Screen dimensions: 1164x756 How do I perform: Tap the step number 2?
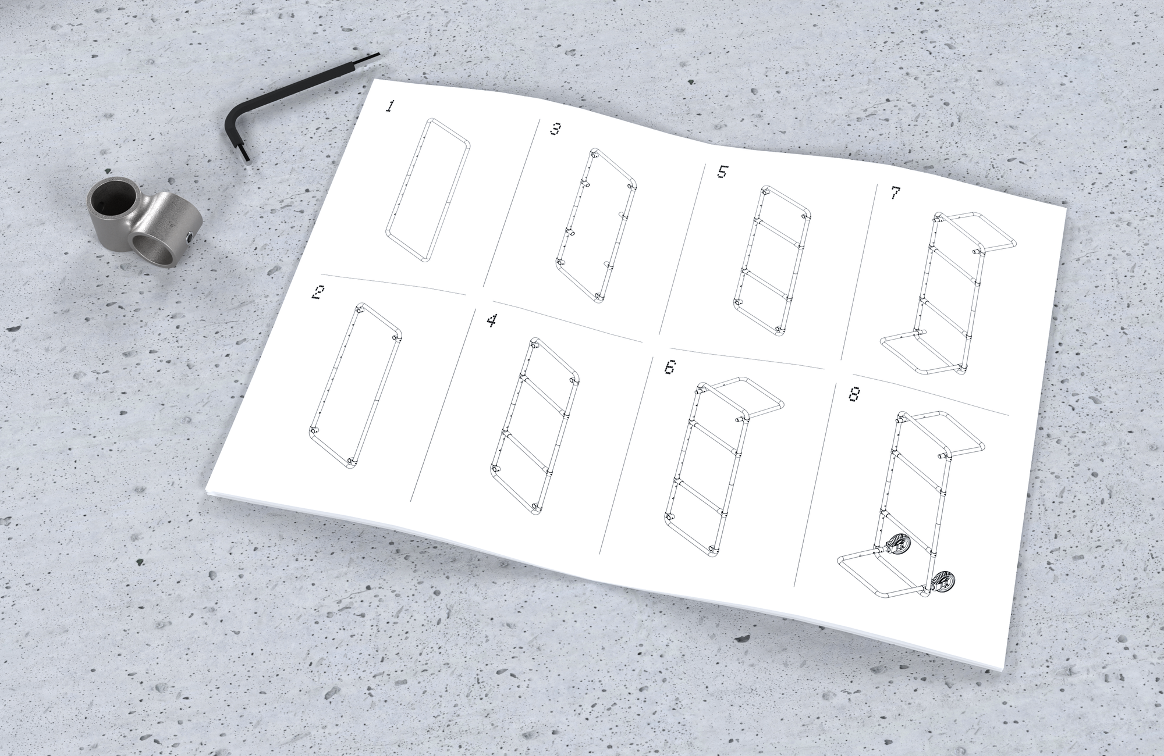(x=318, y=293)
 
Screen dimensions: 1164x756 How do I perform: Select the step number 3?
(x=555, y=129)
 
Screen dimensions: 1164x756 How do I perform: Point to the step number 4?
(x=492, y=320)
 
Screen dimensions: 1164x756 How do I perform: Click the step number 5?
(x=722, y=172)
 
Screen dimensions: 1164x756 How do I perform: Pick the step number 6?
(x=670, y=368)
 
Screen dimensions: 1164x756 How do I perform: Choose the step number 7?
(x=896, y=193)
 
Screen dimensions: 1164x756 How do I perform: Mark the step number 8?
(x=854, y=394)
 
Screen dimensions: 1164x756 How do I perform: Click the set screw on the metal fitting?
(x=190, y=238)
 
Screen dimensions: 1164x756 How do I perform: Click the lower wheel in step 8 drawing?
(x=942, y=581)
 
